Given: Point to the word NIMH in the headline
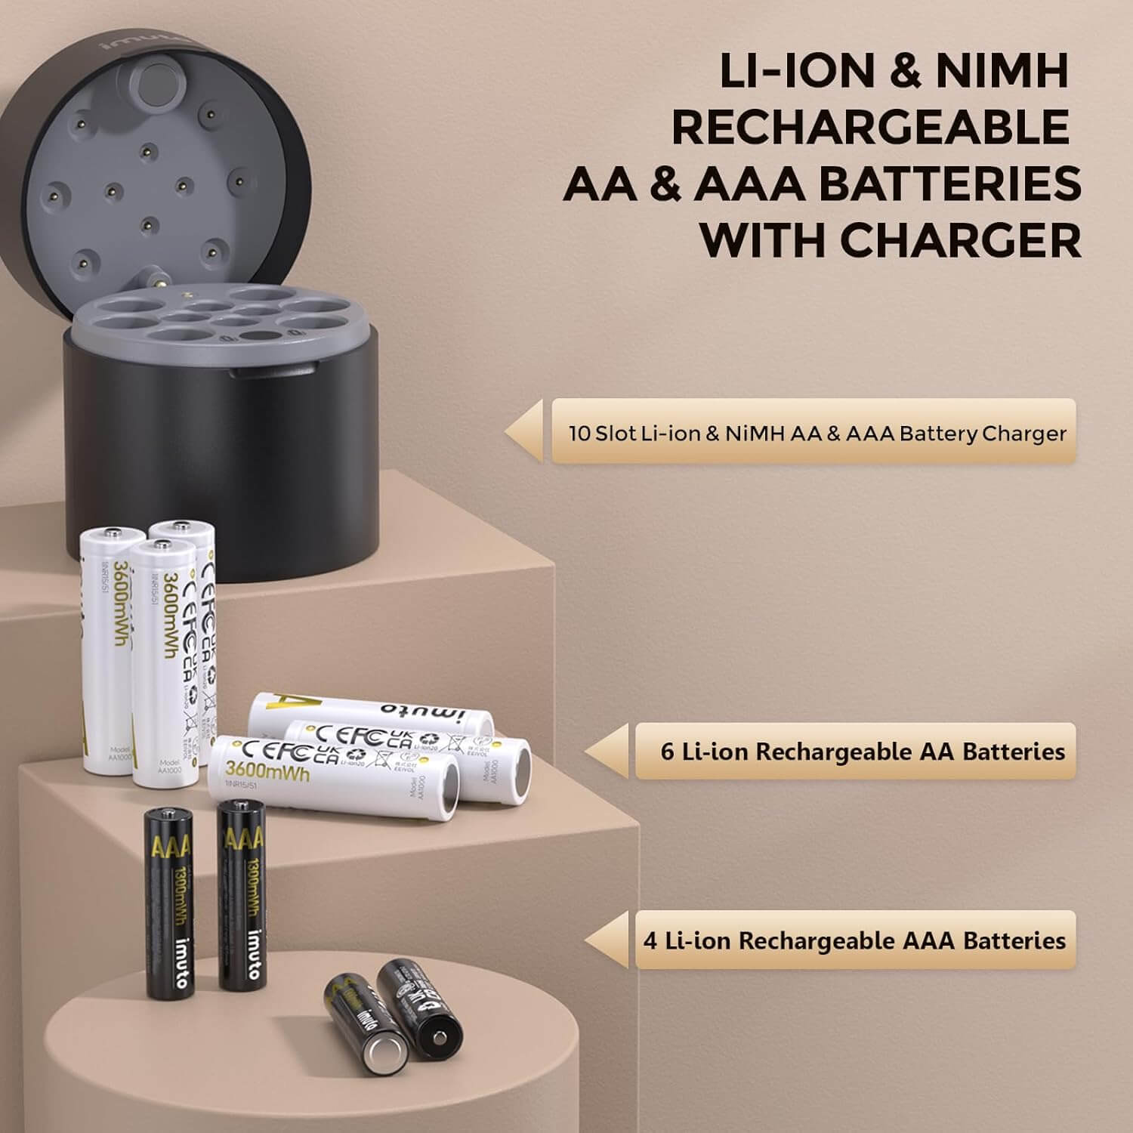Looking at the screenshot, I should click(x=1003, y=71).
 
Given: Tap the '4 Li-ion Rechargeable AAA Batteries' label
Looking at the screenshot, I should click(x=854, y=940).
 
